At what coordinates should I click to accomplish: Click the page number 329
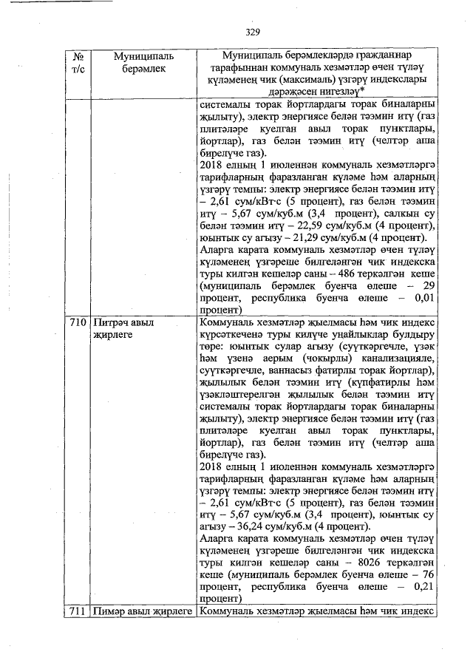point(253,32)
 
